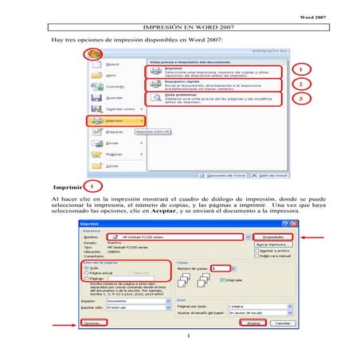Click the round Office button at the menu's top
coord(94,55)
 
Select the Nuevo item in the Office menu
coord(112,64)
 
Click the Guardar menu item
coord(112,97)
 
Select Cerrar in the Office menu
coord(112,166)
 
